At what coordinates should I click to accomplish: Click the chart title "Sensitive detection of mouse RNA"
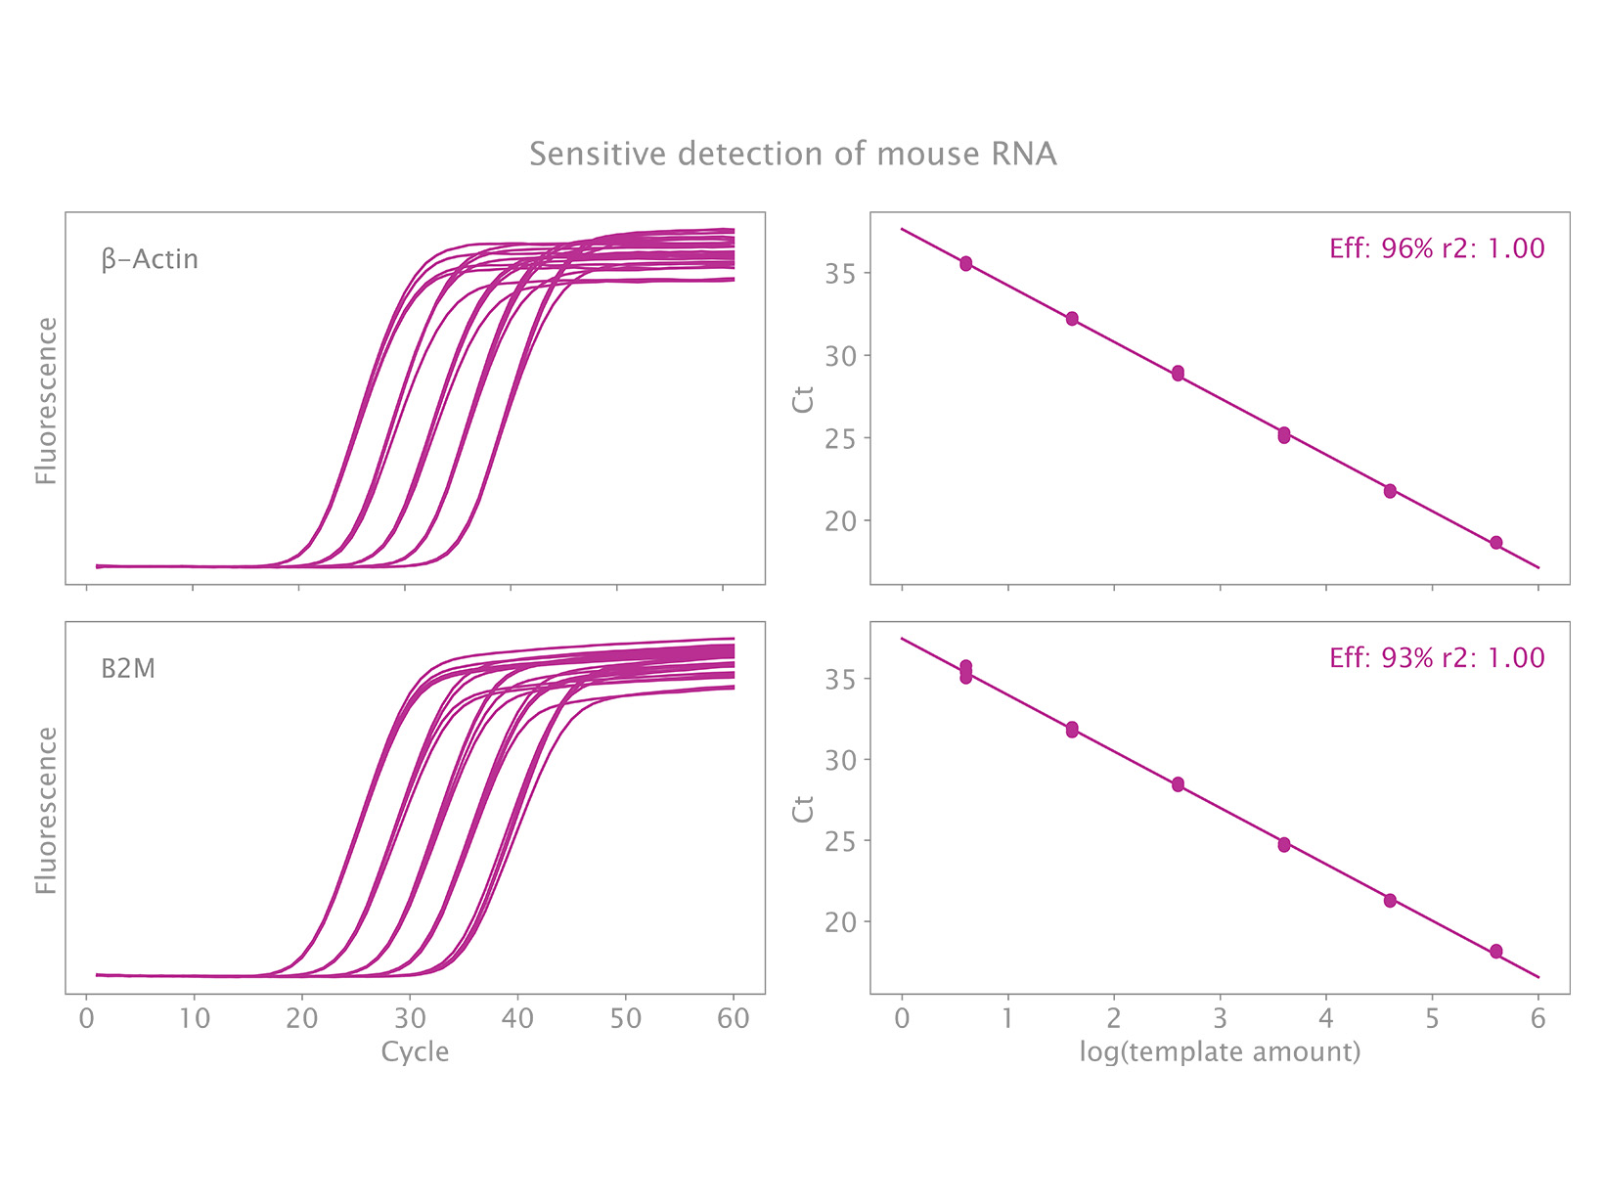click(x=792, y=155)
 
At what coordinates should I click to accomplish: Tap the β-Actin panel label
click(x=150, y=259)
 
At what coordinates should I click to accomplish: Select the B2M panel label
click(x=128, y=669)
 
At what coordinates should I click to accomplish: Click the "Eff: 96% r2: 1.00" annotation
click(x=1437, y=248)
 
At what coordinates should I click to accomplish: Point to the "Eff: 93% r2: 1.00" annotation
click(x=1437, y=657)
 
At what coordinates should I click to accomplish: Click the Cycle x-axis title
click(x=415, y=1052)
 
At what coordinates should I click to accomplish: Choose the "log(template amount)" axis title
click(x=1220, y=1052)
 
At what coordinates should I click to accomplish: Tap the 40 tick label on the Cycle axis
click(x=517, y=1019)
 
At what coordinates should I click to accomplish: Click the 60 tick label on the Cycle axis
click(x=733, y=1019)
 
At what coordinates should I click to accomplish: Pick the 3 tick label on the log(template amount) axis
click(x=1220, y=1019)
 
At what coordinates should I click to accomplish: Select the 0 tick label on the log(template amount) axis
click(x=902, y=1019)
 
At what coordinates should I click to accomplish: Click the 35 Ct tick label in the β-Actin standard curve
click(x=840, y=274)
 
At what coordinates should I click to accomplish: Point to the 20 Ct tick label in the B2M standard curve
click(x=840, y=922)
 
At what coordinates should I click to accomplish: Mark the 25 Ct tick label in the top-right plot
click(x=840, y=439)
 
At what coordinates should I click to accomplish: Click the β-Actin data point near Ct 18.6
click(x=1495, y=543)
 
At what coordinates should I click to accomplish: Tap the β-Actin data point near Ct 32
click(x=1072, y=319)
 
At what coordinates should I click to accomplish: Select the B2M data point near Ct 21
click(x=1390, y=901)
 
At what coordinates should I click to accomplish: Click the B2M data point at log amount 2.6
click(x=1178, y=784)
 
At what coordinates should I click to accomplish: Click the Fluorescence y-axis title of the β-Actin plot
click(x=46, y=400)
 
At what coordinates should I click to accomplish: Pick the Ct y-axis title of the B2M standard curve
click(x=804, y=809)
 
